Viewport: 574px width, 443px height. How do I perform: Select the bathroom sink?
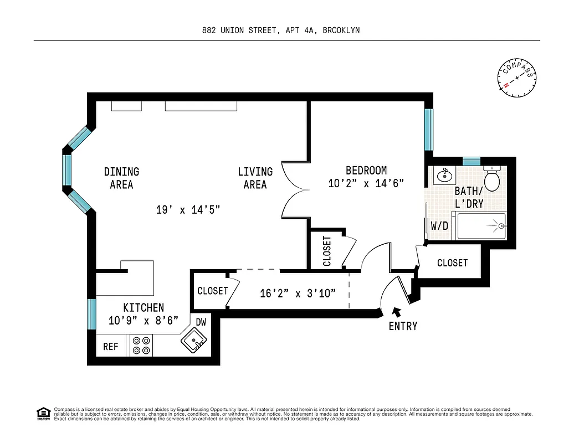445,177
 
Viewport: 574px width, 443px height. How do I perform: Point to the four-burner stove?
141,346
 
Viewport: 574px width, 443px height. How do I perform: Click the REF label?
111,347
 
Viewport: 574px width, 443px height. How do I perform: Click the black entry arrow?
396,313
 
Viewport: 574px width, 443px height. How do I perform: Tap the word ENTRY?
403,326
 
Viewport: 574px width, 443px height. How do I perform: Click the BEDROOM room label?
366,171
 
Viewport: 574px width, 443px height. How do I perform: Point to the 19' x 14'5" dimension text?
188,209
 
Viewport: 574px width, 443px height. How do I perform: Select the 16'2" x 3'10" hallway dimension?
298,293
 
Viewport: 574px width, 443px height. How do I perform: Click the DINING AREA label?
121,178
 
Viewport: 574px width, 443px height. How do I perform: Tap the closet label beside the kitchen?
212,291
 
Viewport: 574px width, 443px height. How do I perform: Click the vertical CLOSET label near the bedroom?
327,251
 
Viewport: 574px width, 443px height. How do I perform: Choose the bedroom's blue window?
428,130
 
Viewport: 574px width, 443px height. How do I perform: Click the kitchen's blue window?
92,314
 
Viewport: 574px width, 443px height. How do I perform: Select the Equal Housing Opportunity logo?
43,414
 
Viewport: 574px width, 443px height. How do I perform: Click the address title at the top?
280,30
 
